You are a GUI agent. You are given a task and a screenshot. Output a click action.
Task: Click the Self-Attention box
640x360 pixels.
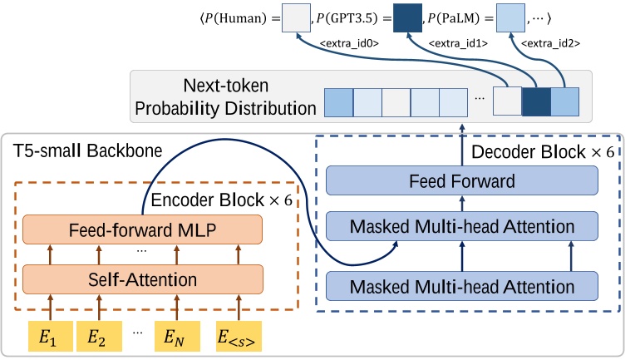(142, 279)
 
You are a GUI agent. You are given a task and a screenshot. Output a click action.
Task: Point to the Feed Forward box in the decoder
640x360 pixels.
(462, 180)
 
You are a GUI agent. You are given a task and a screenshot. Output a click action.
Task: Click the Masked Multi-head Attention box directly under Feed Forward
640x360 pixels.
(462, 226)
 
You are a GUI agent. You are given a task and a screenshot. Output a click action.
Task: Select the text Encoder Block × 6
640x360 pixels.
(221, 200)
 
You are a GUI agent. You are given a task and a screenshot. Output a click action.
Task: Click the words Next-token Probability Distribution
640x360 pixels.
(225, 97)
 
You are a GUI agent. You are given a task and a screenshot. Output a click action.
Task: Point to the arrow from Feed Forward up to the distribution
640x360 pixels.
(462, 141)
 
